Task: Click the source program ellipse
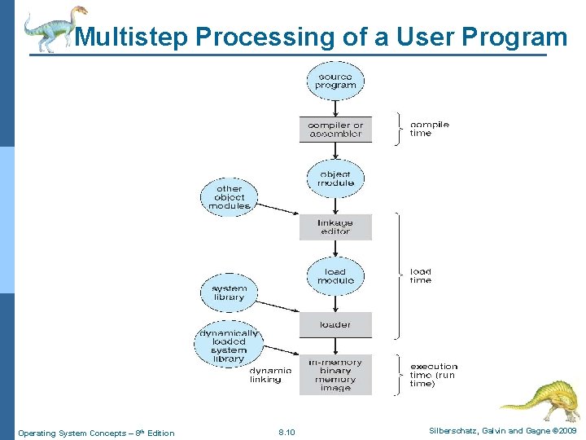pos(335,81)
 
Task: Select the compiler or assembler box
pos(335,130)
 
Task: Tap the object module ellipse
pos(335,178)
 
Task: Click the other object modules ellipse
pos(229,197)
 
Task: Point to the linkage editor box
pos(335,227)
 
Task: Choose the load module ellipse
pos(335,275)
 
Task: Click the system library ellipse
pos(229,293)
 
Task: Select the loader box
pos(335,324)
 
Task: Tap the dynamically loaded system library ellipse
pos(229,345)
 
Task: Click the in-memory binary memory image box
pos(335,375)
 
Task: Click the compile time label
pos(429,129)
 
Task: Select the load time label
pos(421,275)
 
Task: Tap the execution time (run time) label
pos(434,375)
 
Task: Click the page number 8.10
pos(286,433)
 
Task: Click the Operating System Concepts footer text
pos(96,433)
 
